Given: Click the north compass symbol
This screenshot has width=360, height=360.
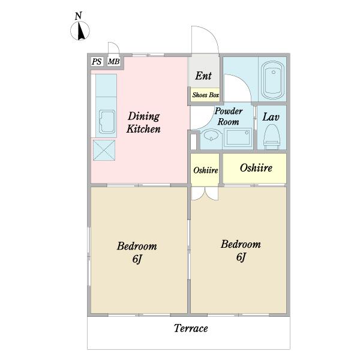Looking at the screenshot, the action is (80, 31).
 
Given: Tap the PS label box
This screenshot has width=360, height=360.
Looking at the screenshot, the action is (97, 62).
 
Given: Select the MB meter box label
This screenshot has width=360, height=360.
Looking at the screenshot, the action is (113, 62).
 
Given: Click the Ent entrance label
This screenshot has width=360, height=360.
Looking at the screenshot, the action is (203, 76).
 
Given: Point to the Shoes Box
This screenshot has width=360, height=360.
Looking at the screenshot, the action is (205, 95).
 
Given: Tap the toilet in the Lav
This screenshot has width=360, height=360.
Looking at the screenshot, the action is (272, 137).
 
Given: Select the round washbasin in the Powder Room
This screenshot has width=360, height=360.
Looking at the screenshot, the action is (211, 138).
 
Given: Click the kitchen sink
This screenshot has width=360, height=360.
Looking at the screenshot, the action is (107, 122).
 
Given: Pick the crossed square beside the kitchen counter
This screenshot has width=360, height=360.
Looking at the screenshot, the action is (104, 150).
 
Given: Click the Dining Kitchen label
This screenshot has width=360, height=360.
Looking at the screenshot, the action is (143, 122).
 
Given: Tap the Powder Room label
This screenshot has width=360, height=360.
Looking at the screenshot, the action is (229, 116).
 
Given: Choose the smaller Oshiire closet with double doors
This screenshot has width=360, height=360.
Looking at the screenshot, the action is (205, 169).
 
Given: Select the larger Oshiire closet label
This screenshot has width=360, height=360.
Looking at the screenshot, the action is (256, 168).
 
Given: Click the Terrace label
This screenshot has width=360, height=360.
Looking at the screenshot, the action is (191, 328).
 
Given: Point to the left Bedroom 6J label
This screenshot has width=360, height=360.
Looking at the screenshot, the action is (137, 253).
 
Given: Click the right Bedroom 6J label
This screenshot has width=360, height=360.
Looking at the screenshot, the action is (241, 250).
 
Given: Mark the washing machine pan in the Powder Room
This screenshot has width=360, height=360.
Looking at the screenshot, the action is (238, 137).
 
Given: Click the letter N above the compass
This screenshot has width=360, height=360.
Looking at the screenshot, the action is (79, 16).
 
